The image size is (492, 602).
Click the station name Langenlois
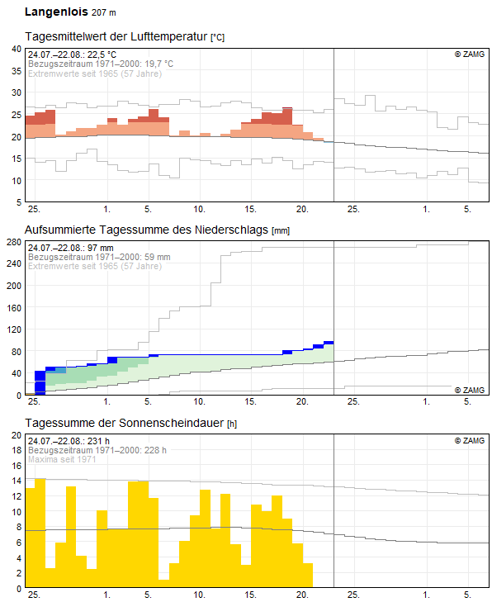pyautogui.click(x=56, y=12)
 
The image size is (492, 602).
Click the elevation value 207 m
pyautogui.click(x=104, y=12)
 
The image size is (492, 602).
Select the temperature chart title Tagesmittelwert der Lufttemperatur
pyautogui.click(x=116, y=36)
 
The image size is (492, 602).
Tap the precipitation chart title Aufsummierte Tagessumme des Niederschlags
pyautogui.click(x=146, y=230)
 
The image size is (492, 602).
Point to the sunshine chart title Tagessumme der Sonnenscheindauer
pyautogui.click(x=125, y=423)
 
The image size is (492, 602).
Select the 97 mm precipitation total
pyautogui.click(x=100, y=248)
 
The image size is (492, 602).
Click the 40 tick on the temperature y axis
pyautogui.click(x=17, y=49)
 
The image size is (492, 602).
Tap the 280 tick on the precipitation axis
pyautogui.click(x=14, y=242)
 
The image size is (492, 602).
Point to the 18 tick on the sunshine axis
pyautogui.click(x=17, y=450)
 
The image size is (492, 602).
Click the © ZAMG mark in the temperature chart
pyautogui.click(x=470, y=55)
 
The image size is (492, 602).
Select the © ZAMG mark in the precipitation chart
pyautogui.click(x=470, y=390)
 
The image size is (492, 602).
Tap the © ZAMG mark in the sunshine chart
pyautogui.click(x=470, y=440)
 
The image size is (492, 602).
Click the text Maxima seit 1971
pyautogui.click(x=62, y=459)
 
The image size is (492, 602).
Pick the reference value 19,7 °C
pyautogui.click(x=158, y=64)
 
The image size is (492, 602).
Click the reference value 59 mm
pyautogui.click(x=158, y=257)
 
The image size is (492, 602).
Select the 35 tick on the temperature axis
pyautogui.click(x=17, y=71)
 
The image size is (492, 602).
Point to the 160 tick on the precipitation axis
pyautogui.click(x=14, y=308)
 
